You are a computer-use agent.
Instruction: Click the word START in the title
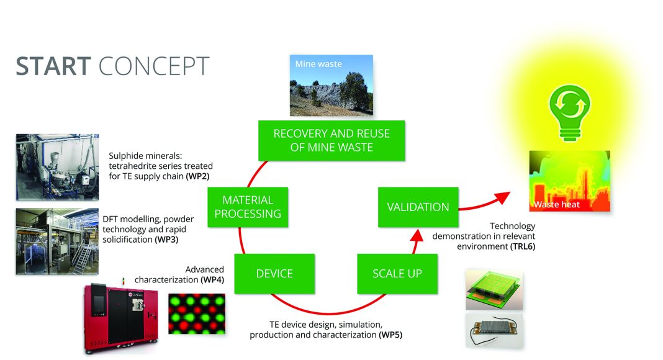tap(53, 66)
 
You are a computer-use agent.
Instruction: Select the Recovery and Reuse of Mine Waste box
tap(331, 140)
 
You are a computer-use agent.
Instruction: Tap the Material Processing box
tap(248, 207)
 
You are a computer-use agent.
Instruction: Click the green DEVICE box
tap(274, 274)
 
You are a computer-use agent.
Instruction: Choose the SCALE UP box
tap(397, 274)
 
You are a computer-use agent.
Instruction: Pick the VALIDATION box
tap(418, 207)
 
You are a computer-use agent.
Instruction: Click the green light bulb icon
tap(569, 112)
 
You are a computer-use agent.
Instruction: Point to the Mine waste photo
tap(331, 85)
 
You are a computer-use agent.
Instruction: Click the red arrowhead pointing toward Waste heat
tap(502, 198)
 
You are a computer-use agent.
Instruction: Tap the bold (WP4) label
tap(212, 280)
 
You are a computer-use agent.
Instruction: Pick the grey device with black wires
tap(494, 331)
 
